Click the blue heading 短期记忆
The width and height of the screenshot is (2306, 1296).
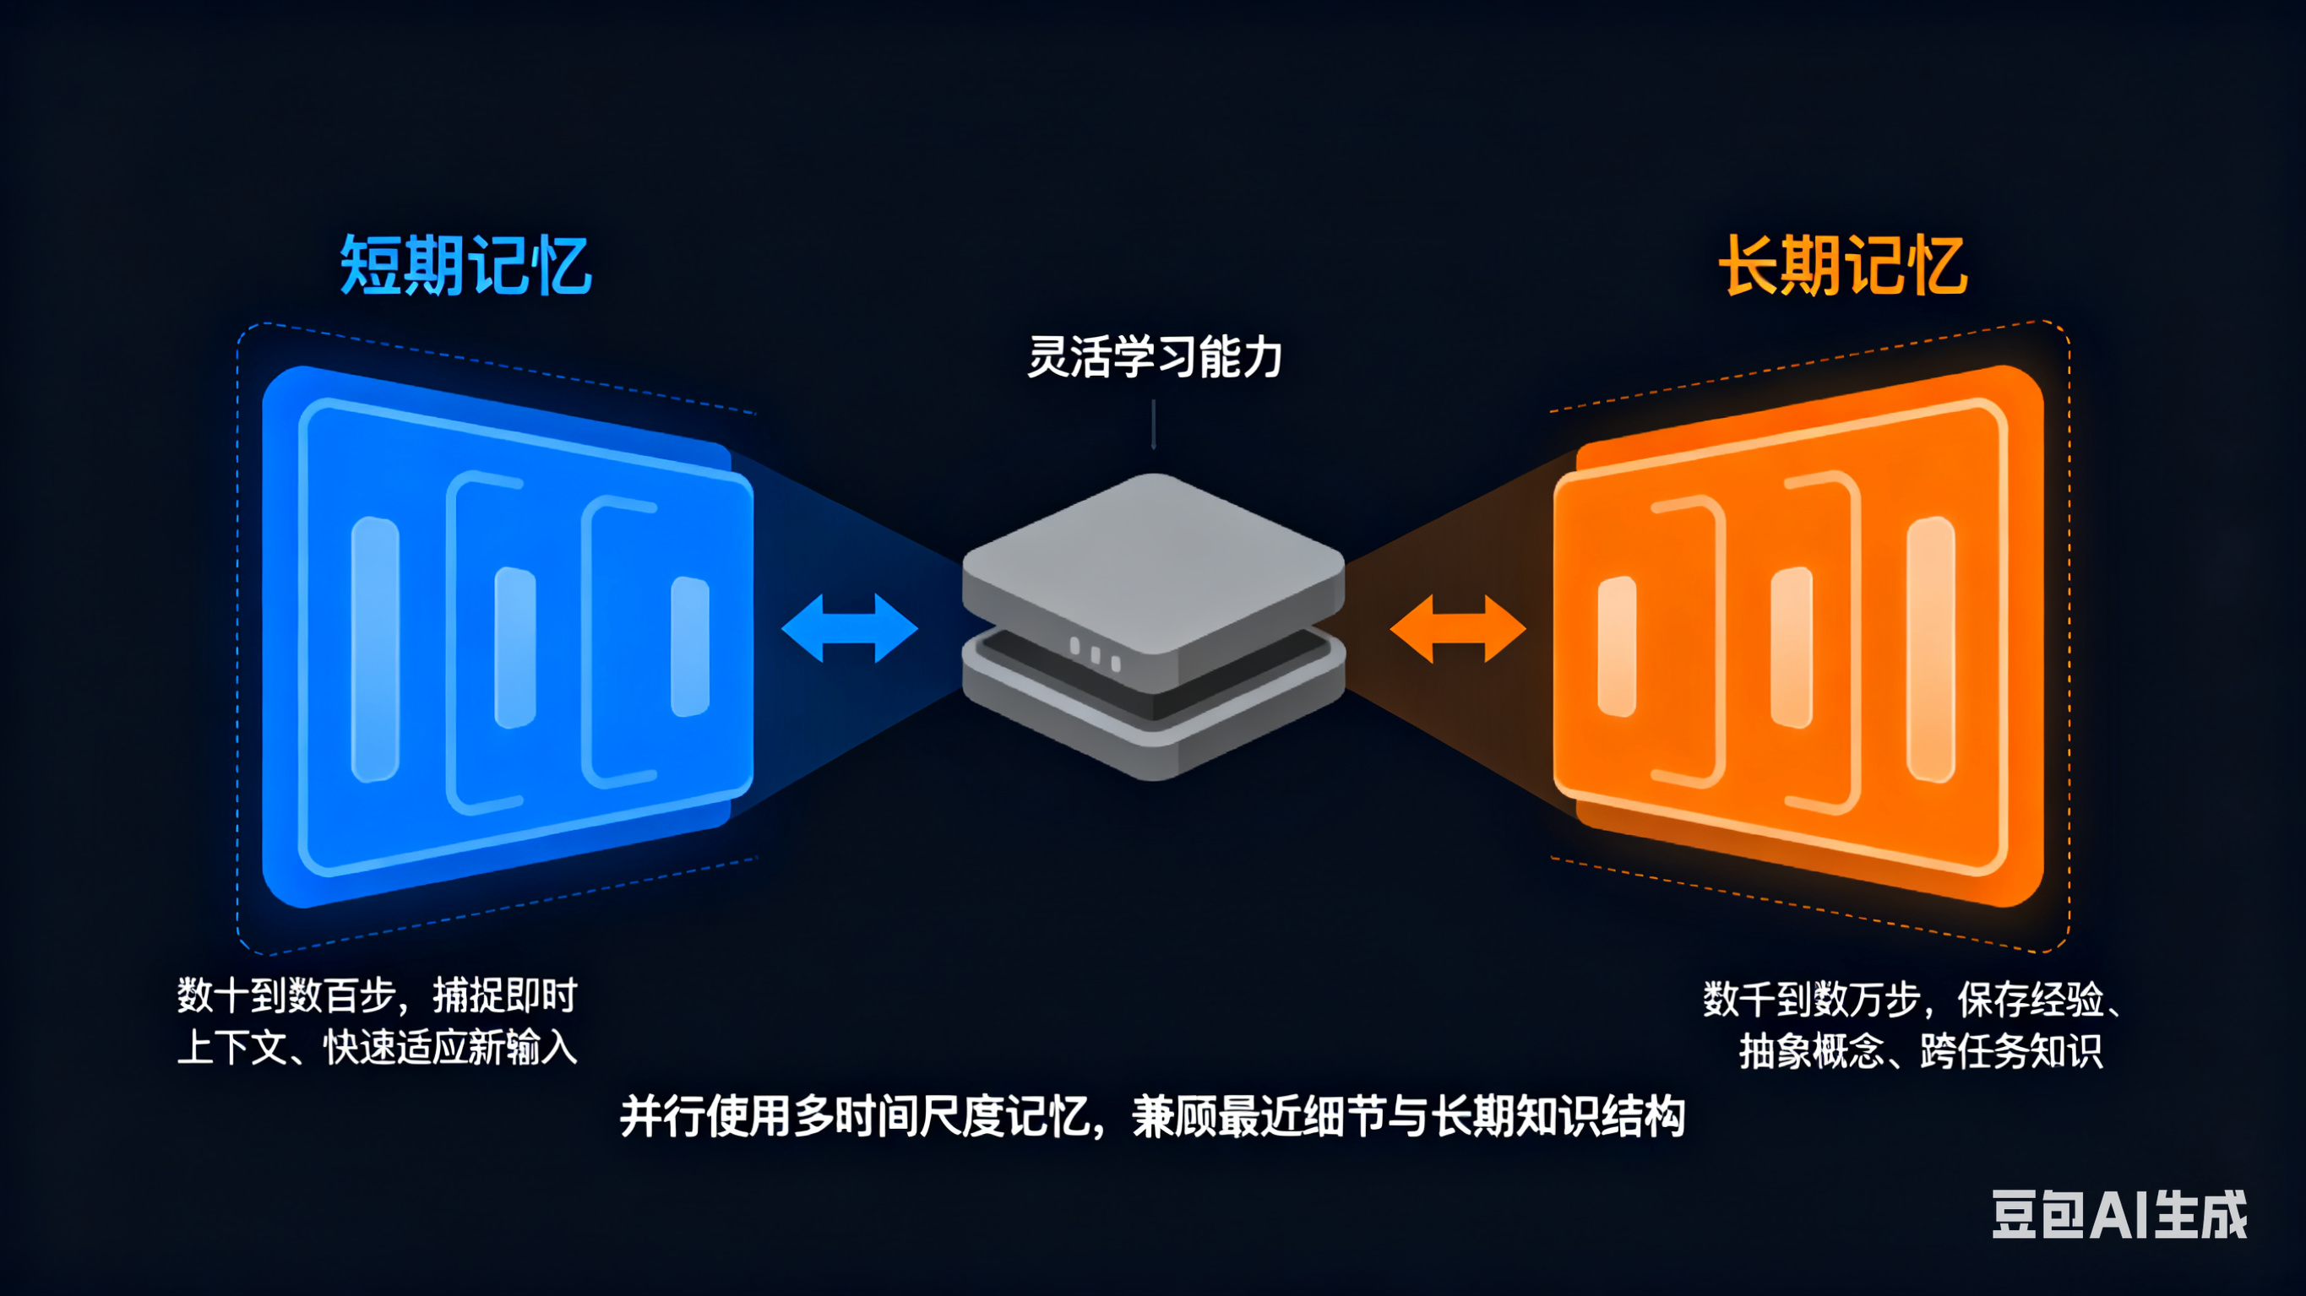pyautogui.click(x=465, y=265)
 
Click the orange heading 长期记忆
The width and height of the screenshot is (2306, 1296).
pyautogui.click(x=1842, y=265)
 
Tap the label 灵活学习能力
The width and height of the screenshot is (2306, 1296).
pyautogui.click(x=1154, y=357)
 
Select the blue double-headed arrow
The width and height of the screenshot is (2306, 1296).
pyautogui.click(x=850, y=628)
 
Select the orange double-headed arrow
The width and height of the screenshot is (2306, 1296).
pyautogui.click(x=1457, y=628)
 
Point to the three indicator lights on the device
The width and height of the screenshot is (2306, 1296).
pyautogui.click(x=1095, y=653)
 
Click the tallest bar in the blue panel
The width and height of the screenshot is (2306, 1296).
pyautogui.click(x=375, y=649)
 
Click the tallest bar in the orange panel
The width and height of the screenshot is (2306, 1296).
pyautogui.click(x=1931, y=649)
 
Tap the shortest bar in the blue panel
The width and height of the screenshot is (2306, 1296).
pyautogui.click(x=690, y=646)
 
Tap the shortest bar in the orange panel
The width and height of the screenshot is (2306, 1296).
pyautogui.click(x=1617, y=646)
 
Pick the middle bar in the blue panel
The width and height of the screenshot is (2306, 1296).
pyautogui.click(x=515, y=647)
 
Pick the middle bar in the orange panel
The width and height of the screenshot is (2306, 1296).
pyautogui.click(x=1792, y=647)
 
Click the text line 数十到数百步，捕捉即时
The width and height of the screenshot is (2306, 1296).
pyautogui.click(x=377, y=995)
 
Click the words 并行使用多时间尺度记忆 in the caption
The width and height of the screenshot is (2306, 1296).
pyautogui.click(x=855, y=1117)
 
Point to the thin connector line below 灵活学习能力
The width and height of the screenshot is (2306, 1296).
pyautogui.click(x=1153, y=423)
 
